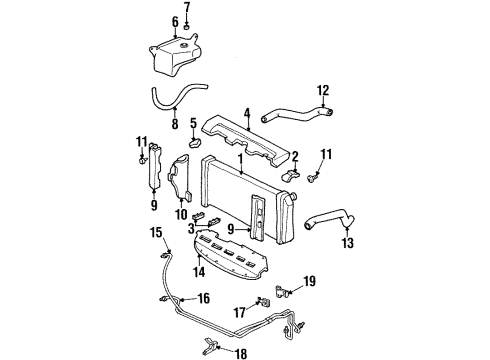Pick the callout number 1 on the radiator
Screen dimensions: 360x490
[x=240, y=159]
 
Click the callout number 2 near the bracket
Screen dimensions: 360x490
[x=296, y=156]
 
